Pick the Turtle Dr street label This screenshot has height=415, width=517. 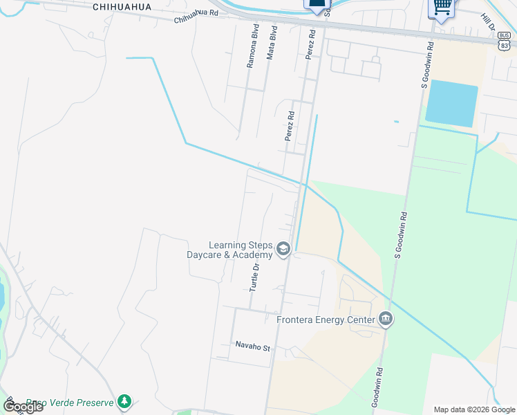(256, 276)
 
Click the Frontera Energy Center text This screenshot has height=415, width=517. (325, 319)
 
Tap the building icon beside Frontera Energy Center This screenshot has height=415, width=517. (386, 319)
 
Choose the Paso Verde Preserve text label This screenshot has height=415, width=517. (69, 402)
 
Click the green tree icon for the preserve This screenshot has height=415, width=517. (124, 401)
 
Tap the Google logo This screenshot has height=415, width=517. (23, 407)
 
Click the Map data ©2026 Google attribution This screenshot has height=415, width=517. (474, 409)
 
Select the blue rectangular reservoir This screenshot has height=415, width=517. (451, 104)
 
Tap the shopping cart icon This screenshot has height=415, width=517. (441, 7)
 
